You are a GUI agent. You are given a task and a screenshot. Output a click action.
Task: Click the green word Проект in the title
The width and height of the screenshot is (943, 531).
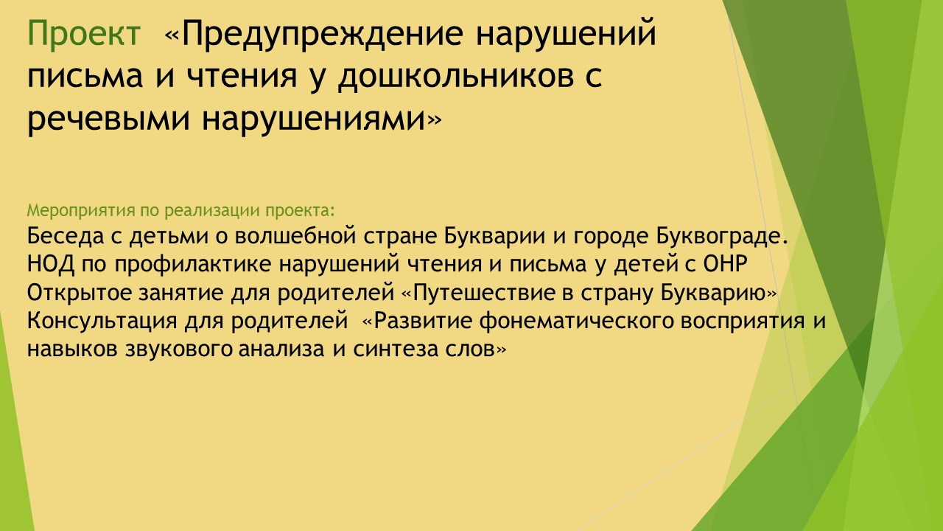pyautogui.click(x=84, y=33)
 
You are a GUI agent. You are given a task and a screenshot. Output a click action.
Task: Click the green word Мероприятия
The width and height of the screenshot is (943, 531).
pyautogui.click(x=81, y=211)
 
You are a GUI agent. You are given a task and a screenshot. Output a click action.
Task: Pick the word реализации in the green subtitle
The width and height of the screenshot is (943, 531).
pyautogui.click(x=211, y=211)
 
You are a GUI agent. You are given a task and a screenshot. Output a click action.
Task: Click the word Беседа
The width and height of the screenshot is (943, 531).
pyautogui.click(x=66, y=235)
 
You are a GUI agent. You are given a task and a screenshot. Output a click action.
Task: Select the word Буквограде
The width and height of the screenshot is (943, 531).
pyautogui.click(x=721, y=237)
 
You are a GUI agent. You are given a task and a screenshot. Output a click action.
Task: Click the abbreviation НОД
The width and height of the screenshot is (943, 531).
pyautogui.click(x=51, y=265)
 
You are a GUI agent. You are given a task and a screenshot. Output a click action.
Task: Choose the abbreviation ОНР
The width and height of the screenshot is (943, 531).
pyautogui.click(x=725, y=264)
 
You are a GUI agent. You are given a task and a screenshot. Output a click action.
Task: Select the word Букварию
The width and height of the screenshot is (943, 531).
pyautogui.click(x=712, y=293)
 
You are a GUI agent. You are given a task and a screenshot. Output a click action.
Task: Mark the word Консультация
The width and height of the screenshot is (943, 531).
pyautogui.click(x=102, y=321)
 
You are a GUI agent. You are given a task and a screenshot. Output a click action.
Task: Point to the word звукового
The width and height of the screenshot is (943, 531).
pyautogui.click(x=179, y=350)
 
